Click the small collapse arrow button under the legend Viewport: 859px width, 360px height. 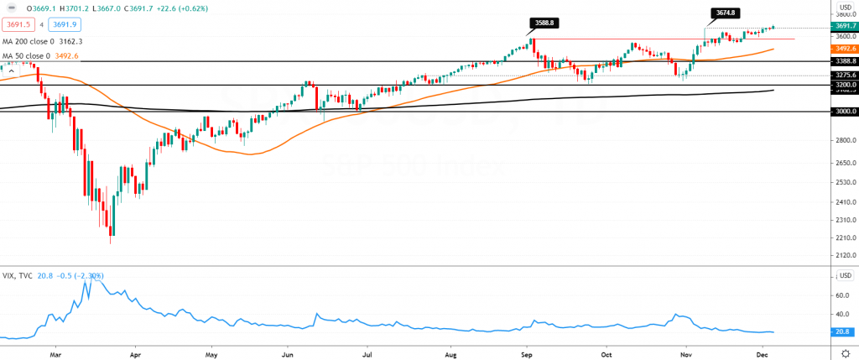[x=11, y=71]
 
